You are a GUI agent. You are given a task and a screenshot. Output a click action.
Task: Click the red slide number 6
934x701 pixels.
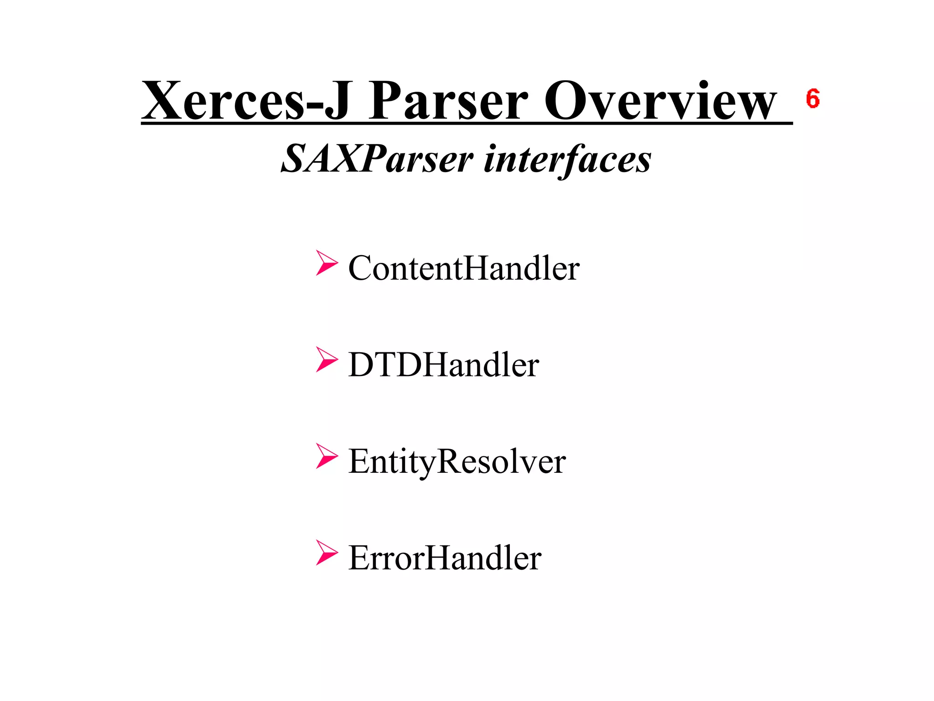click(x=813, y=99)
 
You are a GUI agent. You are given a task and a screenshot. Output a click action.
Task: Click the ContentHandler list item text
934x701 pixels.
click(x=464, y=268)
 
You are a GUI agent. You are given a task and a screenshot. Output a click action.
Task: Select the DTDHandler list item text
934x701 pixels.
click(x=443, y=365)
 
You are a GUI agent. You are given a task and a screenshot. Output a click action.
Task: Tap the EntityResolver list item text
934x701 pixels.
click(x=457, y=462)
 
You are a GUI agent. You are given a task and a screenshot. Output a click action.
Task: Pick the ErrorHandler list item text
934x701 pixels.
click(x=445, y=558)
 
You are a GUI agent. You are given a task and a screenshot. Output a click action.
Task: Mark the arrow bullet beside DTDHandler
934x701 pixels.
click(x=327, y=360)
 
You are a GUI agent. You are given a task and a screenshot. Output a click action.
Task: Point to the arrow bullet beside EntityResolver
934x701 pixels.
click(x=327, y=456)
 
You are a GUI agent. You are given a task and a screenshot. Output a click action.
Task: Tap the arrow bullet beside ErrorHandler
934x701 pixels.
click(x=327, y=553)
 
